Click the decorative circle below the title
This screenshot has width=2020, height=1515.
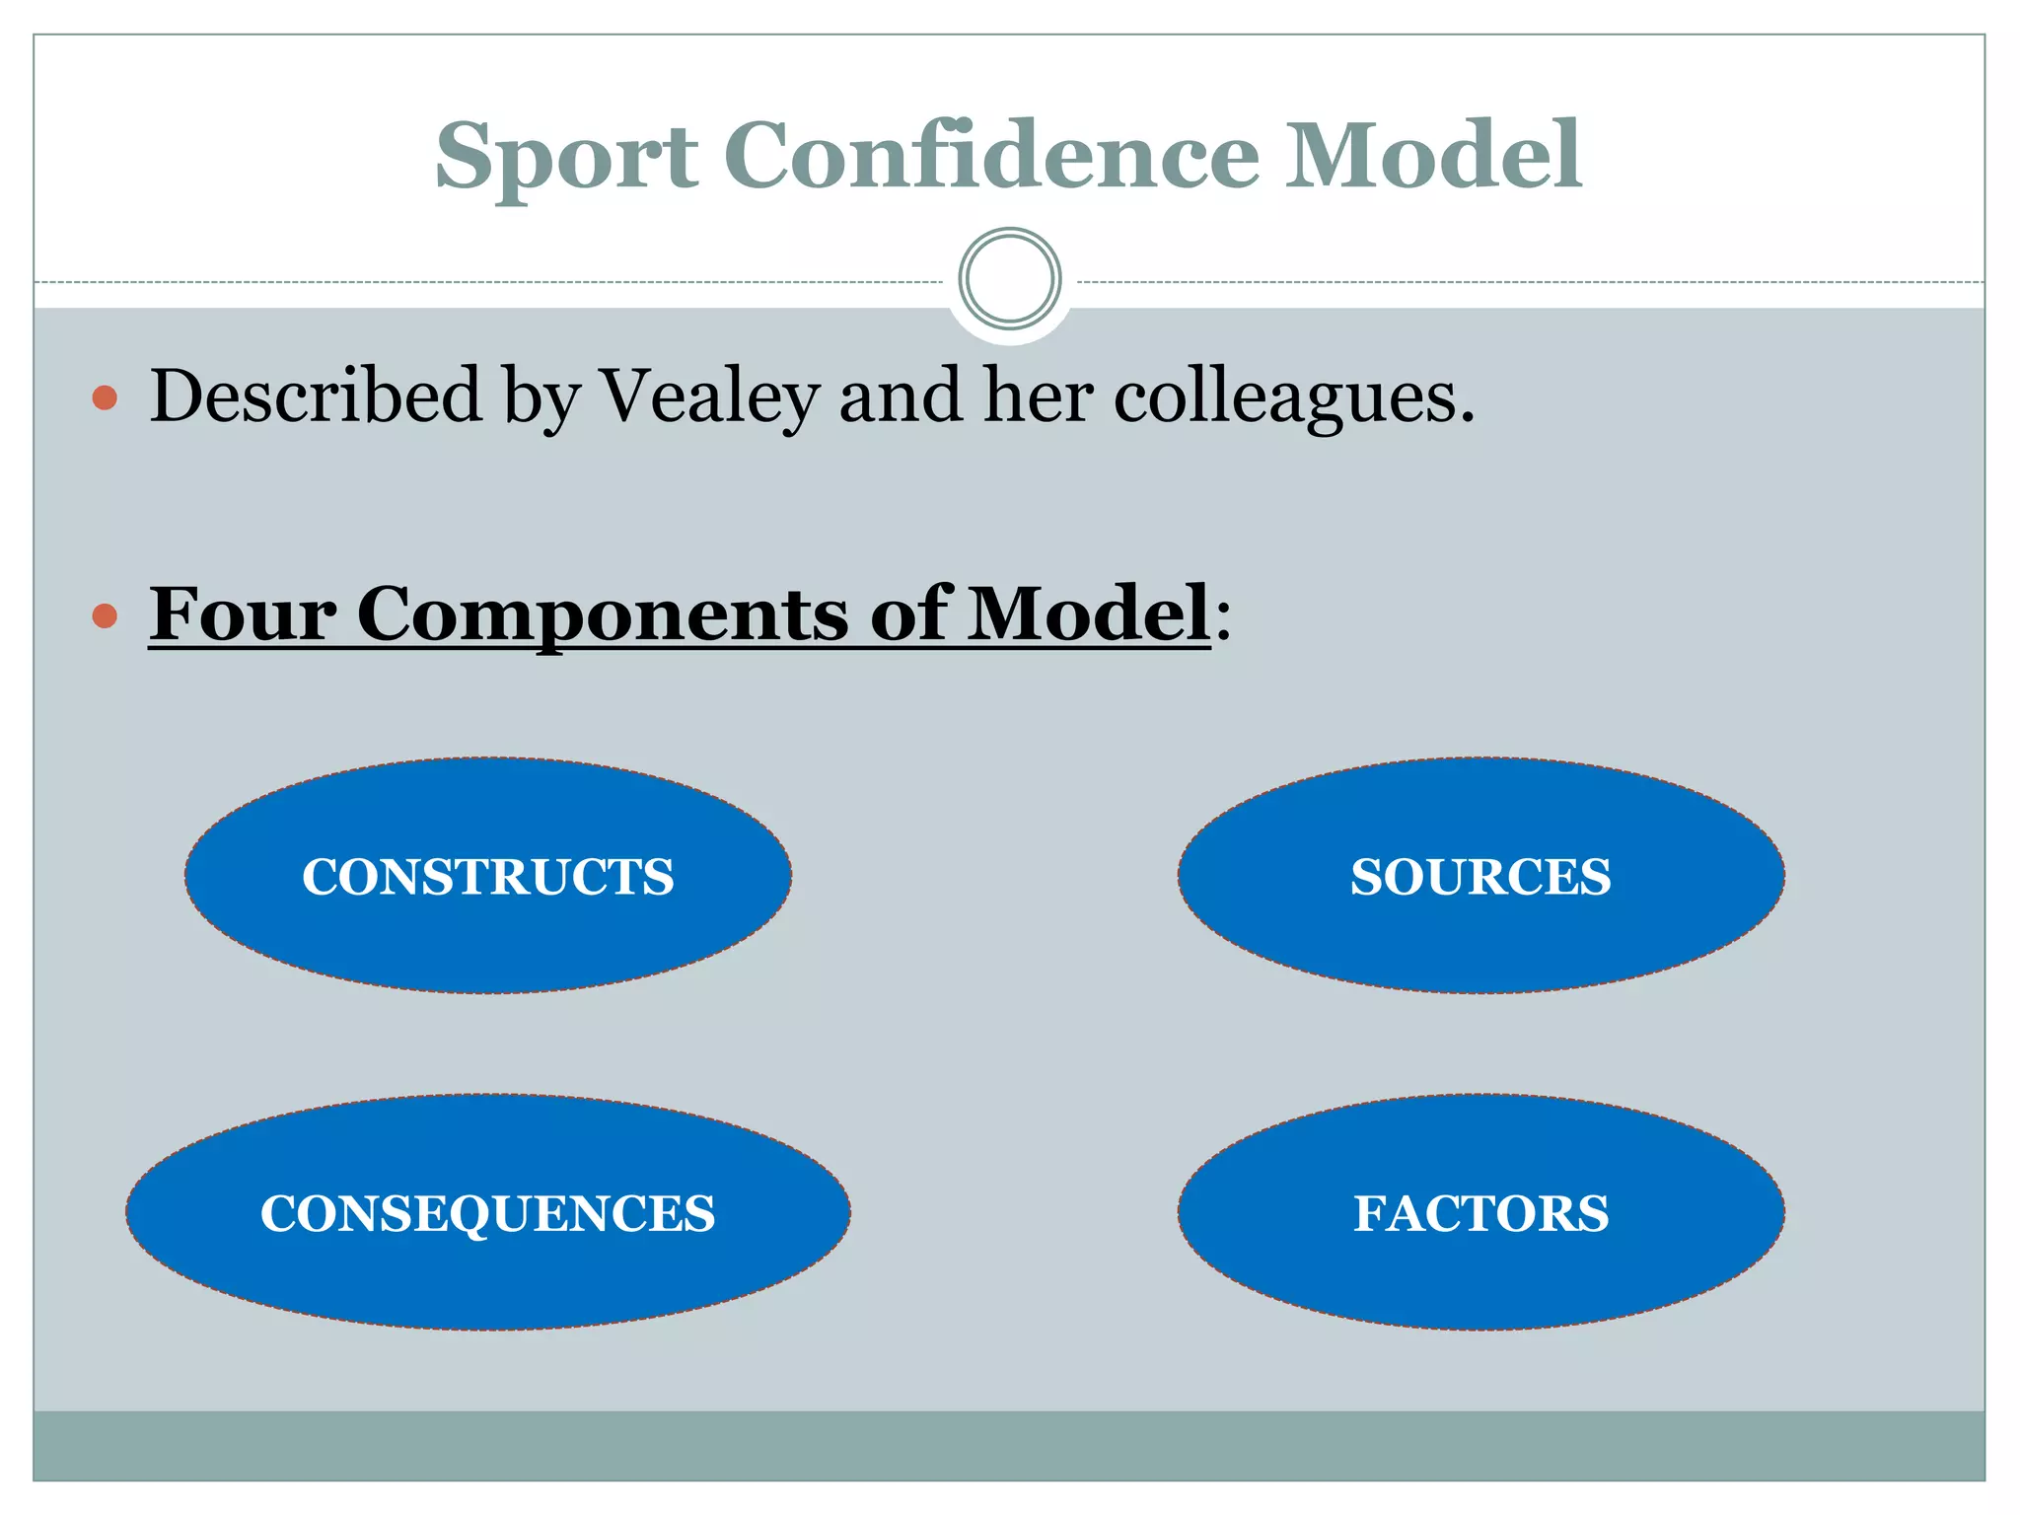tap(1009, 279)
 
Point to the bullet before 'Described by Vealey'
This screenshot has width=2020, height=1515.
tap(105, 398)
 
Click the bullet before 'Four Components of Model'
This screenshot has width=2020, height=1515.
tap(105, 617)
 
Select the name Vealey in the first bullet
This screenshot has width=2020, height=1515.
tap(709, 397)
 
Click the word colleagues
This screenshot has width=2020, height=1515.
tap(1293, 397)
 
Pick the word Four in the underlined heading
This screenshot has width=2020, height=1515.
tap(243, 613)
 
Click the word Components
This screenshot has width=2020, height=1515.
tap(602, 615)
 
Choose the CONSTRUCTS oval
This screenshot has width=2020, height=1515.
tap(488, 876)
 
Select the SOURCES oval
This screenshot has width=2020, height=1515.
tap(1480, 876)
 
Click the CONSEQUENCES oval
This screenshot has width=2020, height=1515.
tap(488, 1212)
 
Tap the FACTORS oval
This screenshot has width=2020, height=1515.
tap(1480, 1212)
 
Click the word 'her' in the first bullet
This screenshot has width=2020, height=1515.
tap(1038, 397)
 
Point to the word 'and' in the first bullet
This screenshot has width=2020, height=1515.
tap(901, 397)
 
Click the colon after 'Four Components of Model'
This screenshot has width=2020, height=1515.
tap(1223, 621)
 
